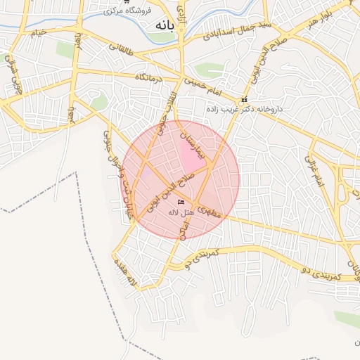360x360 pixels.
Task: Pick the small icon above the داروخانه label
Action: click(244, 99)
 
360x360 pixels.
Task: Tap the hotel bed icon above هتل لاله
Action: click(181, 202)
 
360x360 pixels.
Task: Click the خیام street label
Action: click(39, 32)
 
